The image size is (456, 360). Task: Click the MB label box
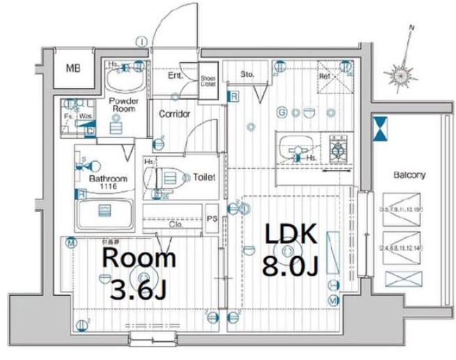73,68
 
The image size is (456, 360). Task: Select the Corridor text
174,114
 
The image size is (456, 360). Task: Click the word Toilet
204,177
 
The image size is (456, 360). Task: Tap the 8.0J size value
289,266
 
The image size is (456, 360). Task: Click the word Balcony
409,175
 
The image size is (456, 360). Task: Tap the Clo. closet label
176,225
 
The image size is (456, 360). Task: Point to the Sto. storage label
248,73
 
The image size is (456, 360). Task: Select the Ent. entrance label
175,74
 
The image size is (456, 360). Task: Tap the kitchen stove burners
340,149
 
